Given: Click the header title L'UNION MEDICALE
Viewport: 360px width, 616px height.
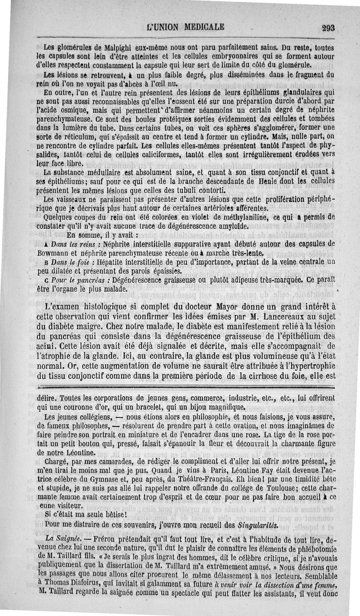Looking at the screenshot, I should (186, 27).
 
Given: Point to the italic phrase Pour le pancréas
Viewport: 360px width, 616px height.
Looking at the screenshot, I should (76, 280).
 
